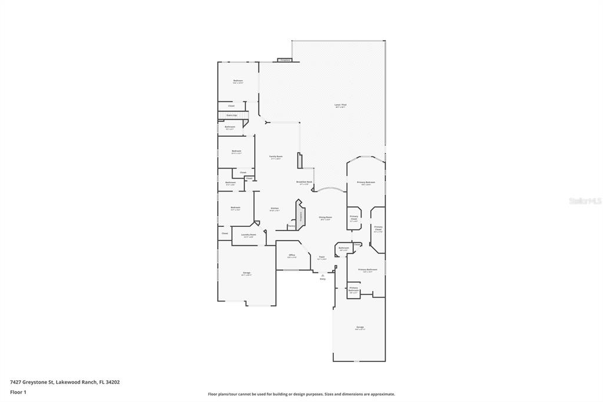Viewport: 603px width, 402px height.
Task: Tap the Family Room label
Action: click(x=276, y=157)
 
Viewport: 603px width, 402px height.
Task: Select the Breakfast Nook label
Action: click(x=304, y=182)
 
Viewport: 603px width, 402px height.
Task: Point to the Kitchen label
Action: click(x=274, y=208)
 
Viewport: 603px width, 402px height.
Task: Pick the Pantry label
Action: click(x=291, y=226)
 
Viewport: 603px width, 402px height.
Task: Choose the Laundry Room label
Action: click(x=248, y=235)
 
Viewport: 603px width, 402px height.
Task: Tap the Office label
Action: click(x=291, y=255)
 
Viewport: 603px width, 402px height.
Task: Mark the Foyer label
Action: click(x=322, y=257)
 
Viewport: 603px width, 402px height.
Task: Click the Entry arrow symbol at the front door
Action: click(x=323, y=275)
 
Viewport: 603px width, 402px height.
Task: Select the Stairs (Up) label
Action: click(x=231, y=116)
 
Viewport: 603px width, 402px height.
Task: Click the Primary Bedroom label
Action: click(x=366, y=183)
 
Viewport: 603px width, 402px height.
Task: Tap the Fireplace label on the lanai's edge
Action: click(x=285, y=60)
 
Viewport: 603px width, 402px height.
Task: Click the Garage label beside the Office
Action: click(x=247, y=273)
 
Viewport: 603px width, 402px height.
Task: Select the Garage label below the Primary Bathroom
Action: click(x=360, y=327)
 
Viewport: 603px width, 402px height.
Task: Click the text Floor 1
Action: click(x=18, y=392)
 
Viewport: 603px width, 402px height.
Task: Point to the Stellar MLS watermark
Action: click(x=585, y=201)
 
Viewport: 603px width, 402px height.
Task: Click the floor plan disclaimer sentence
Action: click(x=301, y=394)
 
